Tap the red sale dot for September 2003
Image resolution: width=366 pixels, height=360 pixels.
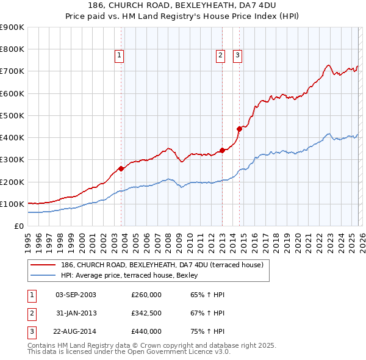(x=121, y=168)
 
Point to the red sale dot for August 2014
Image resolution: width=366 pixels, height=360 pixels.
(x=239, y=128)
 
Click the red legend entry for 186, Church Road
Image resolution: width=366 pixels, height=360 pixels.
(x=162, y=265)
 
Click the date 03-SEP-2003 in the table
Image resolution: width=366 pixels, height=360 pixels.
(x=76, y=295)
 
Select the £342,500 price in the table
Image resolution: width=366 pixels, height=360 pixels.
(x=146, y=313)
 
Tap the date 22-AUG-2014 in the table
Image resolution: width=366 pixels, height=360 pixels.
(x=76, y=331)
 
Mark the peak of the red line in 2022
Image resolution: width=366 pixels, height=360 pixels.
(x=328, y=65)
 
